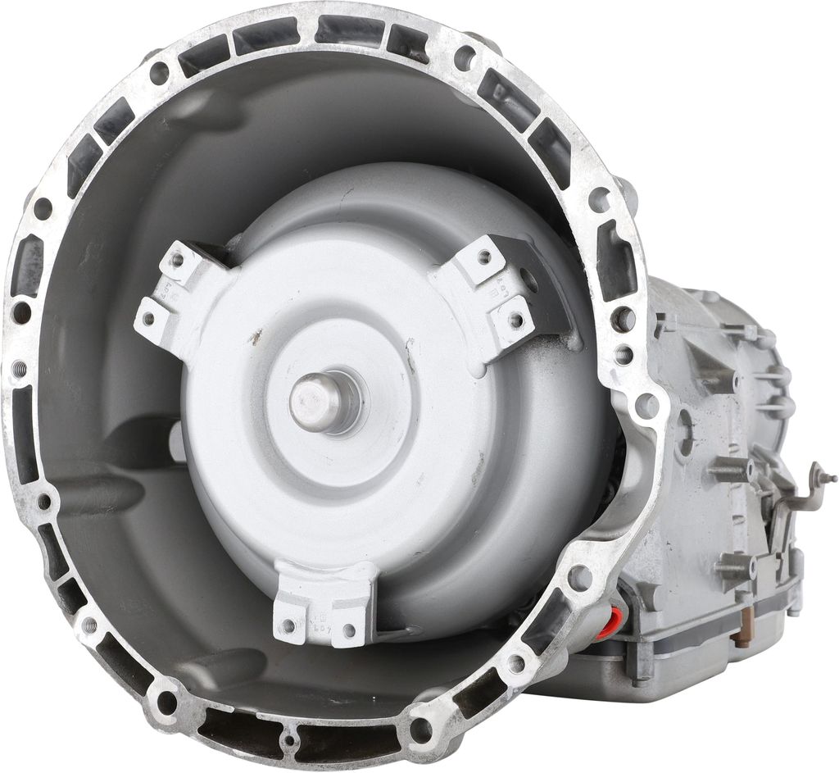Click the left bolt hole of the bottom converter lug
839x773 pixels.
(288, 626)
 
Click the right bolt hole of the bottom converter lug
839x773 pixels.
(350, 630)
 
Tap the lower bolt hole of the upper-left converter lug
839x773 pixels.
(147, 316)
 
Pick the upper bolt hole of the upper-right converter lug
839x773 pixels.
(484, 257)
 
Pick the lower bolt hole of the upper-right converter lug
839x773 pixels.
(515, 318)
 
